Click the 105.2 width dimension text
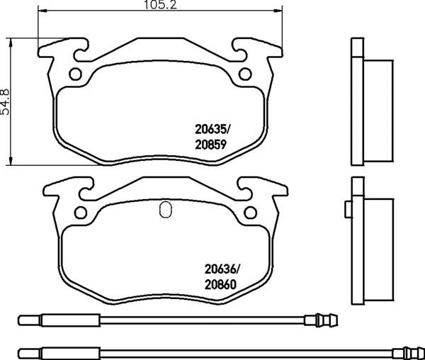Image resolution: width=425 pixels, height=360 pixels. (x=160, y=5)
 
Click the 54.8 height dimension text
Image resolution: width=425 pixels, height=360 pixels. (x=5, y=101)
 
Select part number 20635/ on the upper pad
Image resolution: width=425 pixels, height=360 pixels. (x=212, y=130)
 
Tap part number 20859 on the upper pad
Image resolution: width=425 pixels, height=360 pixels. (x=210, y=145)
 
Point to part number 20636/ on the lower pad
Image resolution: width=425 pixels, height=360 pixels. (x=222, y=269)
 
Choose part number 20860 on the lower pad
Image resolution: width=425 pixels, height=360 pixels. (x=220, y=285)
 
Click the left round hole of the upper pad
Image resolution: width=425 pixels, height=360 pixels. (x=75, y=74)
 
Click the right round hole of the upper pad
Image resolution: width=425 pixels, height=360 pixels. (x=245, y=74)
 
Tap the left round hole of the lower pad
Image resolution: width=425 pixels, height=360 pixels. (x=81, y=213)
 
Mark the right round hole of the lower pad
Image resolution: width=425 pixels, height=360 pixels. (x=251, y=213)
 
